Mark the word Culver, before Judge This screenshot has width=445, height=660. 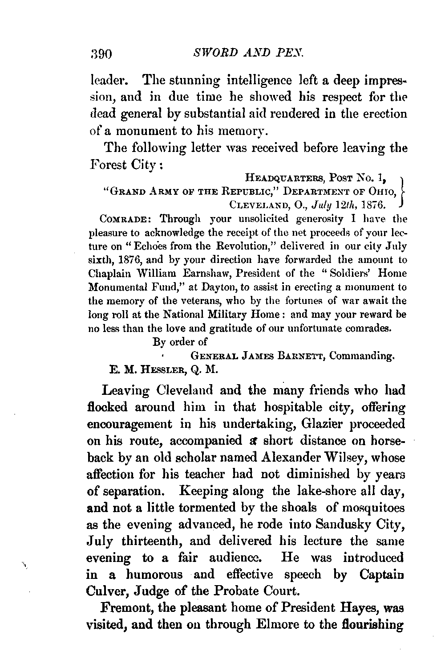pos(105,591)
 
